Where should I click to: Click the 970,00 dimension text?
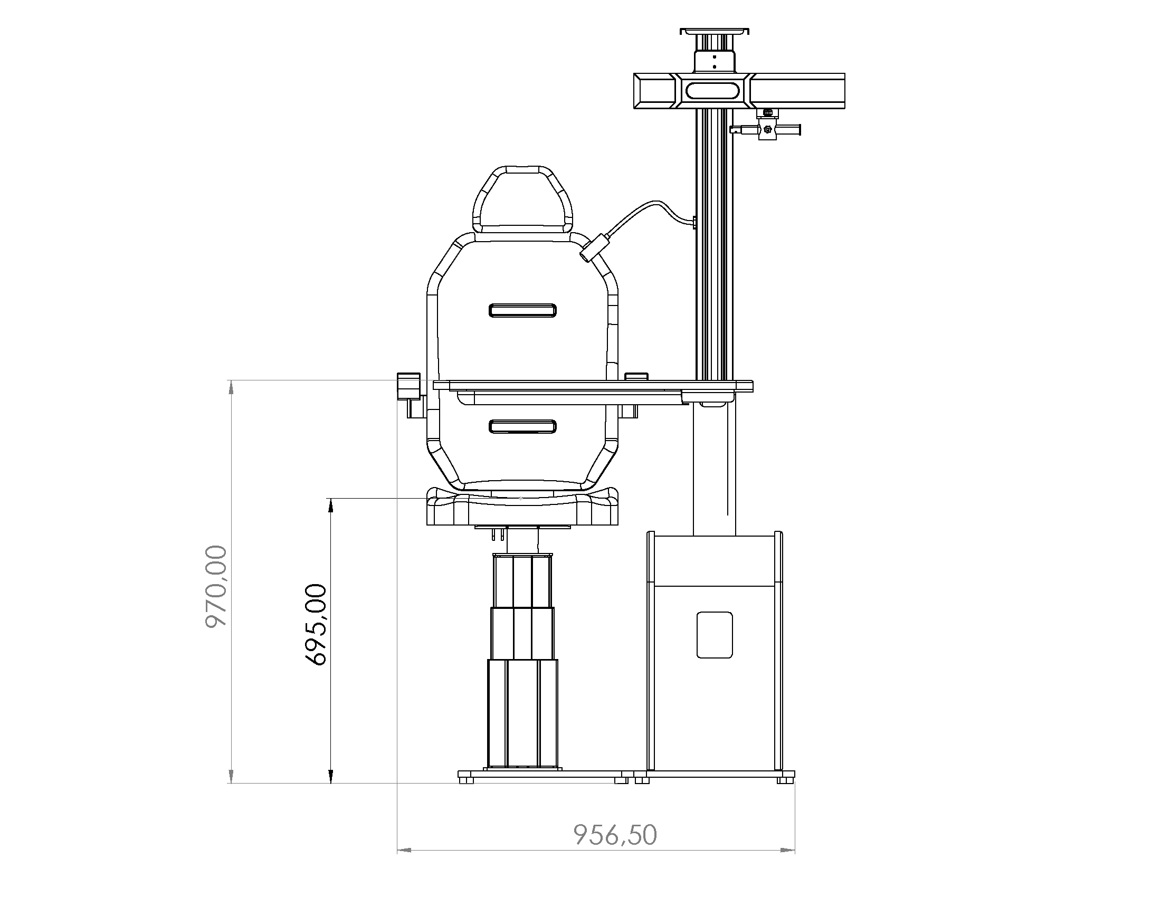216,586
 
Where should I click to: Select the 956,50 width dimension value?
615,835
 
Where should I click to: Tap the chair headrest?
522,199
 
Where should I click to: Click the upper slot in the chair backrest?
522,310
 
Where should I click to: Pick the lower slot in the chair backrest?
522,426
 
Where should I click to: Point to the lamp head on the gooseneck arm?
594,249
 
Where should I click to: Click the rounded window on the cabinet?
715,635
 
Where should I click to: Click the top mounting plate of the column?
715,31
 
